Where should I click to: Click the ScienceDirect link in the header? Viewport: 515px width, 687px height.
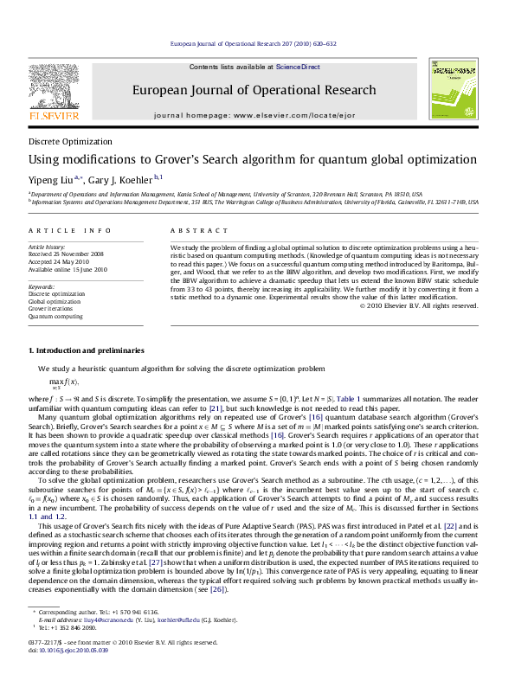[298, 67]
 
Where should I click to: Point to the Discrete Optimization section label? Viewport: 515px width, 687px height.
[70, 141]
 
